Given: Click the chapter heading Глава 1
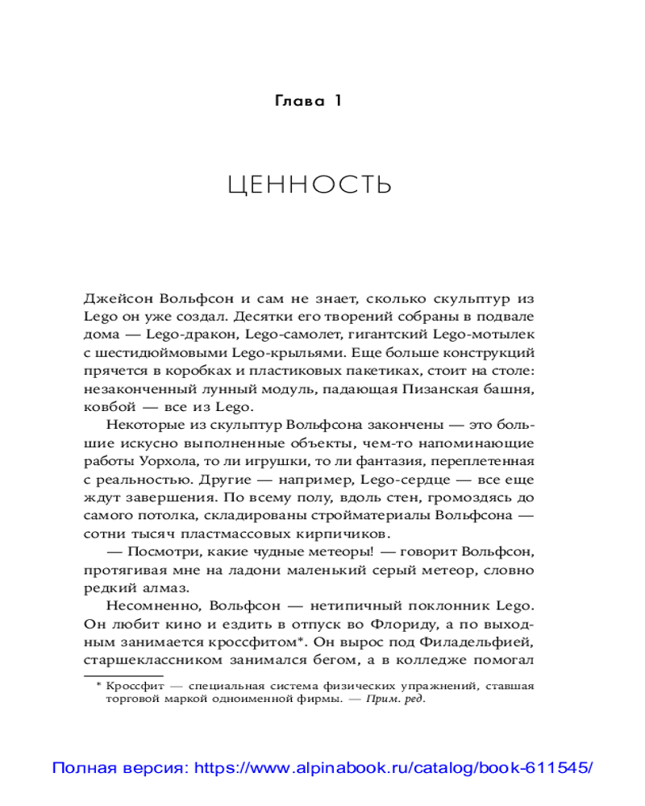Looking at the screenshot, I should click(x=310, y=102).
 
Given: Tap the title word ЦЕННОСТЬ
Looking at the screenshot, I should click(x=310, y=185).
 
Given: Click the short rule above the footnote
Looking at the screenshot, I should click(x=123, y=675).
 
